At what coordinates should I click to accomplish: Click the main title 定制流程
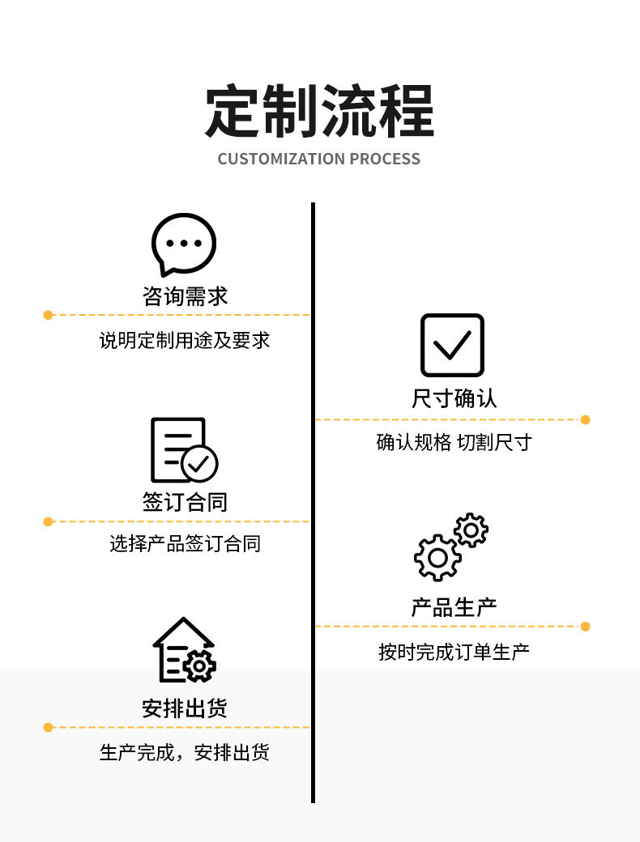coord(319,111)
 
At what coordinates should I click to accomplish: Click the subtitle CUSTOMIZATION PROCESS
coord(319,159)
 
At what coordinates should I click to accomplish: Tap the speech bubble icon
coord(184,244)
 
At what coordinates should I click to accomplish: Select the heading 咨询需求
coord(185,296)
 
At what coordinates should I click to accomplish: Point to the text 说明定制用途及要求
coord(185,340)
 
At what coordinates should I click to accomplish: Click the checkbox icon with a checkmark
coord(452,346)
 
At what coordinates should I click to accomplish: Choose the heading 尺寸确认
coord(454,398)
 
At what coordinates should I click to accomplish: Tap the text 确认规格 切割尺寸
coord(454,442)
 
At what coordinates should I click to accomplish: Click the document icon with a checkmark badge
coord(183,450)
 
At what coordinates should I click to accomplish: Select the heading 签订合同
coord(185,502)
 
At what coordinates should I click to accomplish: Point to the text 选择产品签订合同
coord(185,543)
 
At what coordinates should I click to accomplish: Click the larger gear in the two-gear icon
coord(437,557)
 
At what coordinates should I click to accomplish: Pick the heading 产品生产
coord(454,606)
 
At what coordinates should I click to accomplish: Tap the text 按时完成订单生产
coord(454,651)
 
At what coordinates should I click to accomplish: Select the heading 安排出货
coord(185,708)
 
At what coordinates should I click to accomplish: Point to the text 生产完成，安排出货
coord(185,752)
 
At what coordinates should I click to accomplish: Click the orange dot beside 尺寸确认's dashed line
coord(586,419)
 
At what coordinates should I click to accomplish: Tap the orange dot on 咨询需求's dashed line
coord(48,314)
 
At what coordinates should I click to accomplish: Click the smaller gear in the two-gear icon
coord(471,530)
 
